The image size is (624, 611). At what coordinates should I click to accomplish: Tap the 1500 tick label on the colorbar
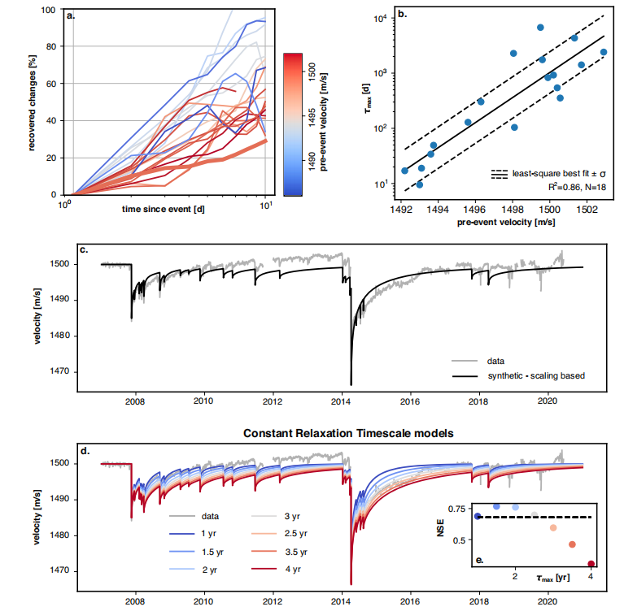pos(313,73)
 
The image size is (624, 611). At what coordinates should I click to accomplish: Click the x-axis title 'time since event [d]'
pos(162,209)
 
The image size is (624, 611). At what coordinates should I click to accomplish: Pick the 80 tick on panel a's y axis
pos(54,46)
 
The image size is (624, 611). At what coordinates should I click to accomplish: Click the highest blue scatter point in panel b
pos(540,28)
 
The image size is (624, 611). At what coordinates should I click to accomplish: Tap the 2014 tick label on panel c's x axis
pos(342,401)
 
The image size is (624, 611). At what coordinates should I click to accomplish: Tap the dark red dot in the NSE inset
pos(591,564)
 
